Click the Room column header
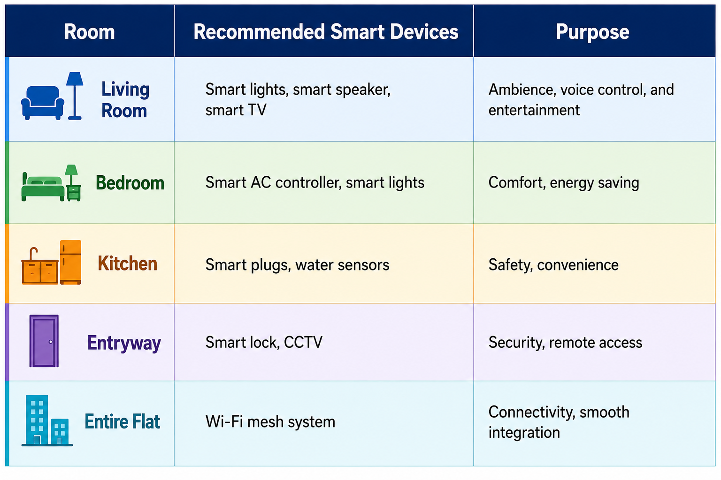click(90, 32)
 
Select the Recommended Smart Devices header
click(326, 32)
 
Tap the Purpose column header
click(592, 32)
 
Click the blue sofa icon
click(43, 103)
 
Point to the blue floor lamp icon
click(75, 96)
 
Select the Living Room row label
click(125, 100)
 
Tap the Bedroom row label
click(130, 183)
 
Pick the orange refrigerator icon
click(70, 262)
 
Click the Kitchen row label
click(128, 263)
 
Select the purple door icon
click(44, 341)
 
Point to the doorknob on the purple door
click(51, 342)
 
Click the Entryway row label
click(124, 343)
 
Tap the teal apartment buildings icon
click(47, 420)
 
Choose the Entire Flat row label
click(123, 421)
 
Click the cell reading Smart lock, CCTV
click(264, 342)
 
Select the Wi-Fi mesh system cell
click(270, 421)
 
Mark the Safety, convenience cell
click(553, 265)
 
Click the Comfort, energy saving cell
click(564, 183)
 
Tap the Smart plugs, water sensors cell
click(298, 265)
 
